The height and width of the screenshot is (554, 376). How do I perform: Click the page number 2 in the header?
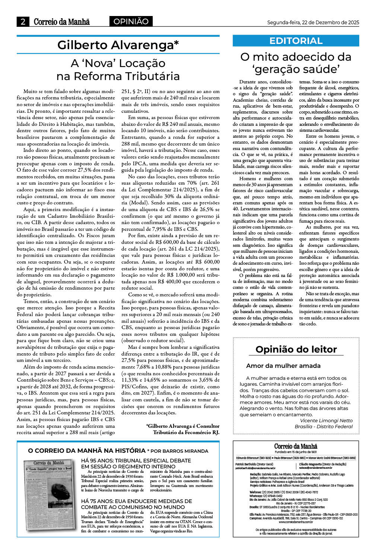point(23,22)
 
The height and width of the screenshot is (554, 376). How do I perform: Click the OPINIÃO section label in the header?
point(131,22)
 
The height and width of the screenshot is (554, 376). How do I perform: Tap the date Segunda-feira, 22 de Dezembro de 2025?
point(313,22)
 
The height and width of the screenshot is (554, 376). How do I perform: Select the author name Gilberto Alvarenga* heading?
point(118,45)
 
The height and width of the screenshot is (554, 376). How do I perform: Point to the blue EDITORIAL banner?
point(296,41)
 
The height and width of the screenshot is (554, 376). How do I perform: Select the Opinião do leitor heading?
point(296,349)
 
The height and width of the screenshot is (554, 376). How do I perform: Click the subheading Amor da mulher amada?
point(283,366)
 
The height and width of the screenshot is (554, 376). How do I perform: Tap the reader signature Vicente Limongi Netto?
point(326,420)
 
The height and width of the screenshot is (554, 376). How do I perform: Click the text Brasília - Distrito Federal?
point(324,426)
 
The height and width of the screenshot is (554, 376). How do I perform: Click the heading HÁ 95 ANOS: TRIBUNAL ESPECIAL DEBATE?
point(136,461)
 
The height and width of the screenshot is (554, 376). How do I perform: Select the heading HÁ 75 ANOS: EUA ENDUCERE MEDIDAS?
point(136,501)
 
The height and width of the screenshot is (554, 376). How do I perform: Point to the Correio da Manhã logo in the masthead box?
point(296,446)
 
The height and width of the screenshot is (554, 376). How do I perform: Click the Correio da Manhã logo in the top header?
point(62,22)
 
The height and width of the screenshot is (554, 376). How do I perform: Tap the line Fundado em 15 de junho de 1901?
point(296,452)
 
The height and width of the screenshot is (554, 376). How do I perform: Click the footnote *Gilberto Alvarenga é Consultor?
point(182,426)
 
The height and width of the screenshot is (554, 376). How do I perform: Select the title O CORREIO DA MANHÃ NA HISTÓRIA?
point(87,450)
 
